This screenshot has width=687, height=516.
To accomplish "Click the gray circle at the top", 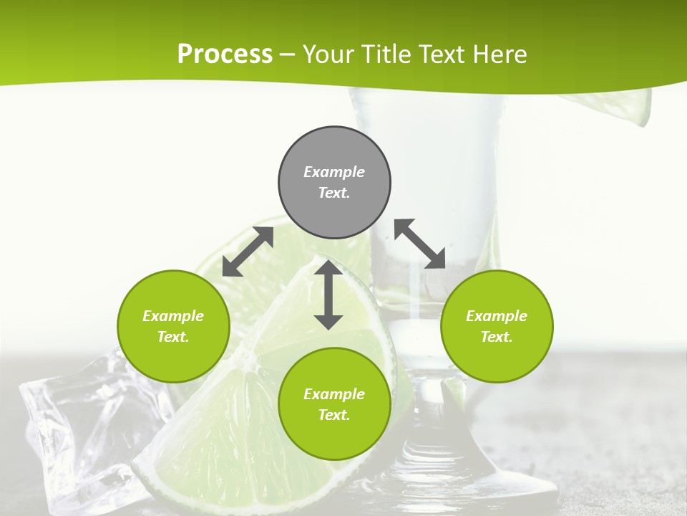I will pos(334,183).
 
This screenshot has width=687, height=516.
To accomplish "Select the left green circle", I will pos(173,326).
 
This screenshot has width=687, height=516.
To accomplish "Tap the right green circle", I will pos(497,326).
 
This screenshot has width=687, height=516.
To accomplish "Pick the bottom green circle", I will pos(334,404).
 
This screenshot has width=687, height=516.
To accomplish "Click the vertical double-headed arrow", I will pos(328,295).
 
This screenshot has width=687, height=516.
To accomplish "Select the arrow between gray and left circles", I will pos(248,252).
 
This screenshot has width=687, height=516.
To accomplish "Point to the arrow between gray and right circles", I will pos(419,244).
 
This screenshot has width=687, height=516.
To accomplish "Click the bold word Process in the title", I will pos(225,54).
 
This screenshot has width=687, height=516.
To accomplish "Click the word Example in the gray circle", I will pos(334,172).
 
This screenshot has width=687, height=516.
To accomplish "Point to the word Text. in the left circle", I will pos(173,337).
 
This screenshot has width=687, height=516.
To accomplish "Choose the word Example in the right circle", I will pos(497,316).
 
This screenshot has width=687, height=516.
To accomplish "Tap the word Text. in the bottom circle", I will pos(334,415).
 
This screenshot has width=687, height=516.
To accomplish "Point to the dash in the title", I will pos(288,54).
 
